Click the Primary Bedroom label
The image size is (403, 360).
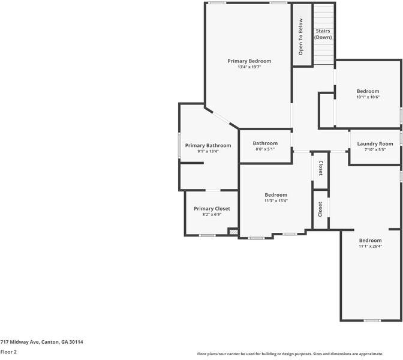click(x=249, y=61)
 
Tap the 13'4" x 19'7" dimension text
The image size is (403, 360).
click(x=249, y=67)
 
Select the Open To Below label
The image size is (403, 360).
click(x=301, y=36)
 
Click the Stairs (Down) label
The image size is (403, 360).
click(x=323, y=34)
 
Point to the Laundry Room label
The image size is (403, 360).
click(x=375, y=143)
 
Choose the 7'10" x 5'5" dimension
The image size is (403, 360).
click(x=375, y=149)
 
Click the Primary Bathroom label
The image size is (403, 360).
click(x=207, y=145)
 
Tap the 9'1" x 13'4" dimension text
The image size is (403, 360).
click(x=207, y=151)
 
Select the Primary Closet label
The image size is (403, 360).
click(x=212, y=208)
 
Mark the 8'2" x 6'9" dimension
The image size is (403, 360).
click(x=212, y=214)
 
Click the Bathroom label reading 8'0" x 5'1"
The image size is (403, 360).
click(x=265, y=143)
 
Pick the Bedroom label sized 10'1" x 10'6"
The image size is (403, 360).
click(x=368, y=91)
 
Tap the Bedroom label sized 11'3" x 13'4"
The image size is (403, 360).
click(x=276, y=194)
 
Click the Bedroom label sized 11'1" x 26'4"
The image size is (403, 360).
click(x=370, y=240)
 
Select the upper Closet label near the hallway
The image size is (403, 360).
click(x=320, y=169)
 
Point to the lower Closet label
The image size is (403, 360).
click(x=320, y=209)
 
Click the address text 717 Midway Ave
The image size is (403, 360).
click(x=41, y=342)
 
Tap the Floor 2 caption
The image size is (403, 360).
click(x=8, y=352)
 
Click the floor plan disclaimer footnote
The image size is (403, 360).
click(x=290, y=354)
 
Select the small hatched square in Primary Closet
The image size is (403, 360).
click(x=233, y=232)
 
